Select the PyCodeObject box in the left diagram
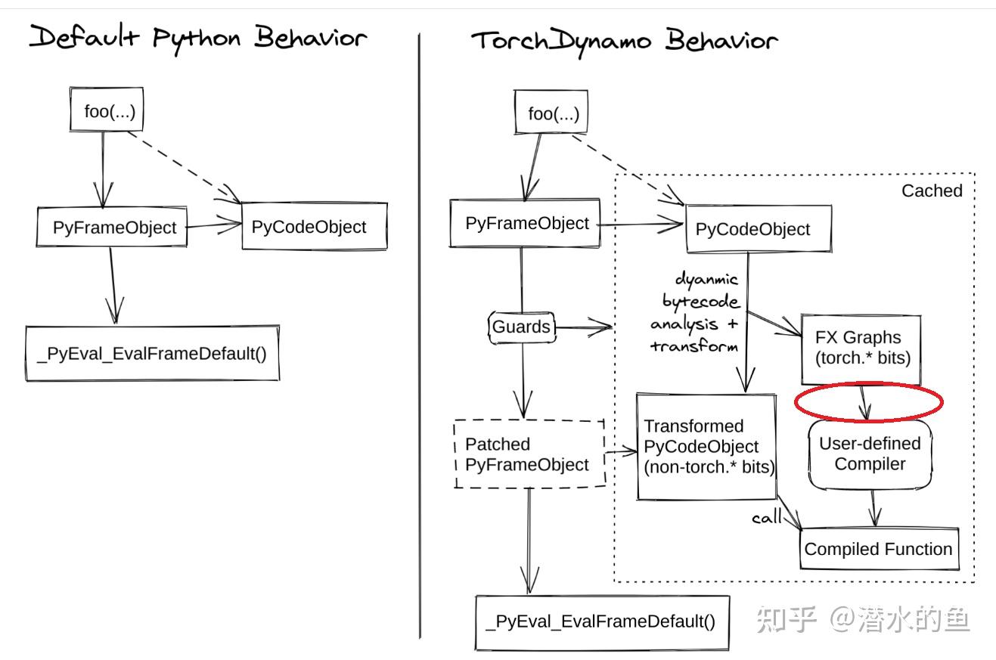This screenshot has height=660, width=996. click(x=314, y=226)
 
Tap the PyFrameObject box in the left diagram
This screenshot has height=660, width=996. click(x=111, y=227)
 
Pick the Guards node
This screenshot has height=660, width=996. click(x=521, y=327)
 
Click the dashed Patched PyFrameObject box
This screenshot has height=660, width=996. click(x=529, y=454)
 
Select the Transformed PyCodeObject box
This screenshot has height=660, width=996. click(x=706, y=446)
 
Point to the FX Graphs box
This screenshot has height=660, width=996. click(x=861, y=348)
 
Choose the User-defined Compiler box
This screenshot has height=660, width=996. click(x=870, y=454)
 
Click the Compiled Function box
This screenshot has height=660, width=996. click(x=879, y=549)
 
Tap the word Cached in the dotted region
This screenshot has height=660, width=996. click(x=932, y=191)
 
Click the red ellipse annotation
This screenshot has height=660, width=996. click(x=869, y=401)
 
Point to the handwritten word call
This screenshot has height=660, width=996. click(x=766, y=519)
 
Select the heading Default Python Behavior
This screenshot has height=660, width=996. click(x=197, y=38)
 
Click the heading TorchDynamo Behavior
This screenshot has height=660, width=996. click(x=625, y=40)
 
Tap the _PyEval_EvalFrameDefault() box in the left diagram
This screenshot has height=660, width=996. click(x=152, y=352)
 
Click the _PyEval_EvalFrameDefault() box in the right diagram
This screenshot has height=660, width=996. click(x=601, y=621)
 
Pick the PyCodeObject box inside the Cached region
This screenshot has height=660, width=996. click(x=758, y=229)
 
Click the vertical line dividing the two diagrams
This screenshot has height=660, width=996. click(x=420, y=333)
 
